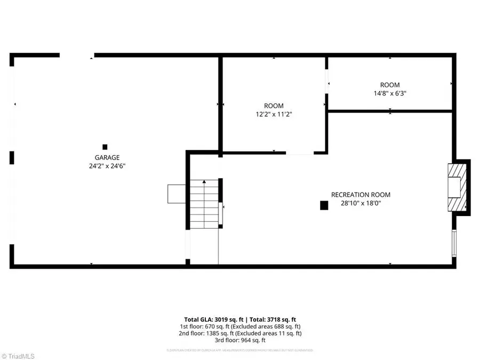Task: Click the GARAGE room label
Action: pos(107,157)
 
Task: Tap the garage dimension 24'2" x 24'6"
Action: pos(107,166)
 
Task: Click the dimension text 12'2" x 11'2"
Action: pos(274,114)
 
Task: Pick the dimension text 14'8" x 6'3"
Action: pos(389,93)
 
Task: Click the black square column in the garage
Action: pos(105,147)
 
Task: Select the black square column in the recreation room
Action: pos(324,205)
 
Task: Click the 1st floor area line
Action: pos(239,326)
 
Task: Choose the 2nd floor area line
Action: pos(239,333)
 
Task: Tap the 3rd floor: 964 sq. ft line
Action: pos(239,340)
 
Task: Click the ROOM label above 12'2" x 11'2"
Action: pos(274,106)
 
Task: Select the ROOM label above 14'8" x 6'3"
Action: pos(389,85)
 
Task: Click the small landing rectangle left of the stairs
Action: pos(176,194)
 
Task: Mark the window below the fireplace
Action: pos(454,242)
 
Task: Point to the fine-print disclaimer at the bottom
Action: pos(239,350)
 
